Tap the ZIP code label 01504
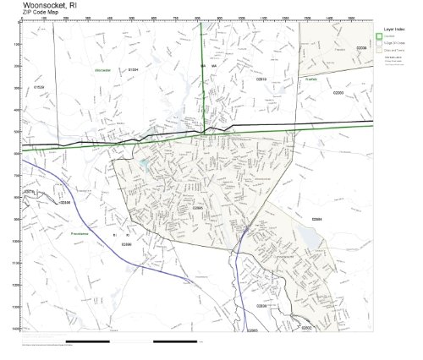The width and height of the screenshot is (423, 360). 133,70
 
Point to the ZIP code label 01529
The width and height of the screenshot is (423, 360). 39,87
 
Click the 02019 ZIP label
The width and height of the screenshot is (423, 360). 261,79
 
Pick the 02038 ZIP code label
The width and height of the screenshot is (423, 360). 361,48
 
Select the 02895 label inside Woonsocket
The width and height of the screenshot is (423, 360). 197,207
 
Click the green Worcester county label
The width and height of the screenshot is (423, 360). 103,70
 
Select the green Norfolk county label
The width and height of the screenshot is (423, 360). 310,79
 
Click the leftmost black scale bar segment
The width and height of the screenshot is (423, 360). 87,341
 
